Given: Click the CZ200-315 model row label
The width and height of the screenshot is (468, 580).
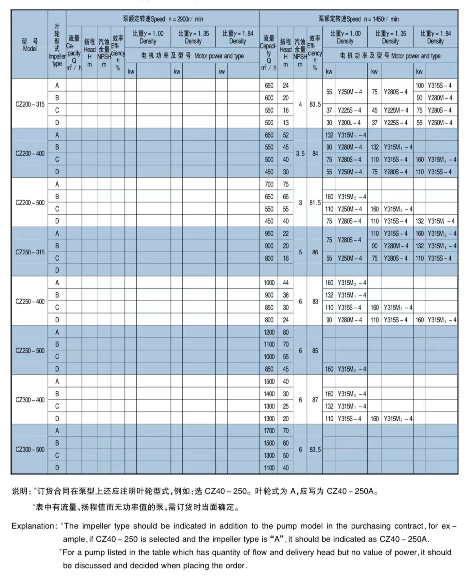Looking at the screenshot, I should point(30,104).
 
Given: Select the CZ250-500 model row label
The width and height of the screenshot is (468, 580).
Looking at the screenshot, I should point(30,351).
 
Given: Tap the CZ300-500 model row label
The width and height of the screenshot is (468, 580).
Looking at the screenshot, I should point(30,450).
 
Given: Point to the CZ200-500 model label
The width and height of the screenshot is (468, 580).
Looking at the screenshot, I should point(30,203).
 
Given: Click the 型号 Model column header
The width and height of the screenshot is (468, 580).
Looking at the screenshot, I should point(30,45).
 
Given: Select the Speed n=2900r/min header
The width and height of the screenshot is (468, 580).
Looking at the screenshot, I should point(163,19).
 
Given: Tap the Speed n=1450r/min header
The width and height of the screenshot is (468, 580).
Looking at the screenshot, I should point(358,19).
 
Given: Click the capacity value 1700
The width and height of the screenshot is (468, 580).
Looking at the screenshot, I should point(269,431).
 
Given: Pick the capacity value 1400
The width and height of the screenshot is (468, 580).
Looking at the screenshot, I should point(269,394).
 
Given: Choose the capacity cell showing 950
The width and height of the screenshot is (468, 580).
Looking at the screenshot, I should point(269,234).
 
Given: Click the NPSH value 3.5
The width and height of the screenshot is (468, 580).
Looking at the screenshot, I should point(300,154).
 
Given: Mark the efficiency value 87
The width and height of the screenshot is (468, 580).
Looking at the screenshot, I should point(315,400).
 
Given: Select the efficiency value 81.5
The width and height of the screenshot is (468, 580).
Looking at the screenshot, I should point(315,203).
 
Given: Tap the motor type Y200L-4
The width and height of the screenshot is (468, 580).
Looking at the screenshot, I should point(349,123).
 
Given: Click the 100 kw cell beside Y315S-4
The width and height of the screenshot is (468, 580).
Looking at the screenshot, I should point(419,86).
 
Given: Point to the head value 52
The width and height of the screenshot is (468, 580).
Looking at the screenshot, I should point(286,135).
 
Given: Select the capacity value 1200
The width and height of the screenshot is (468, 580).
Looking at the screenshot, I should point(269,332).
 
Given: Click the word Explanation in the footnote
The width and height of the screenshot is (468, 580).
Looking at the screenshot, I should point(34,526).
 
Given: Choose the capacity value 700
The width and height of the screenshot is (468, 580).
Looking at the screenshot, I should point(269,184).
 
